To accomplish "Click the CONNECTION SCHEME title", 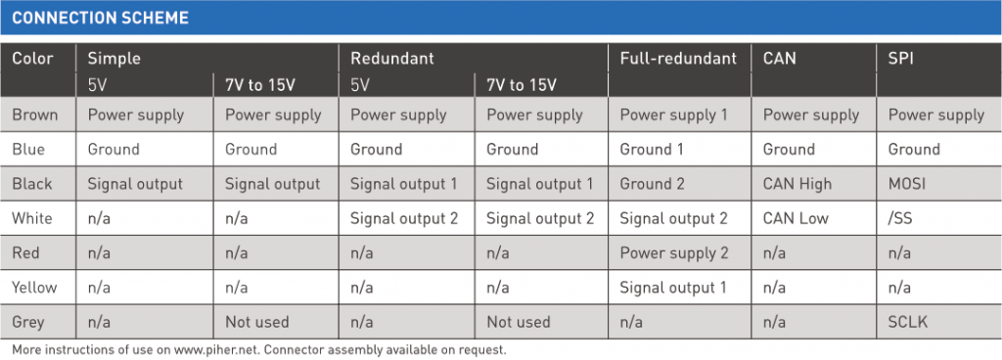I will click(100, 19).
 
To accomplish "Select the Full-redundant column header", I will click(678, 58).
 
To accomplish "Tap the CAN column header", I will click(779, 58).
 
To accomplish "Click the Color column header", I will click(32, 58).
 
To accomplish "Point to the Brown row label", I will click(35, 114).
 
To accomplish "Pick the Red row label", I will click(27, 253).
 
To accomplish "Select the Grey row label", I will click(28, 322).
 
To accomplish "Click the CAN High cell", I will click(797, 183).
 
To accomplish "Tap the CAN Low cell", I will click(796, 218).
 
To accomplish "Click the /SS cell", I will click(900, 218).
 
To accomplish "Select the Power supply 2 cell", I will click(674, 253).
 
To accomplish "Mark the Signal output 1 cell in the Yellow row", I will click(673, 288).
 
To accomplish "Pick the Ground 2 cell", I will click(653, 183).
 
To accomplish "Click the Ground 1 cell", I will click(652, 150).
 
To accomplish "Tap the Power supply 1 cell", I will click(674, 114).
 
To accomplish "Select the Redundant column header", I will click(391, 58).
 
